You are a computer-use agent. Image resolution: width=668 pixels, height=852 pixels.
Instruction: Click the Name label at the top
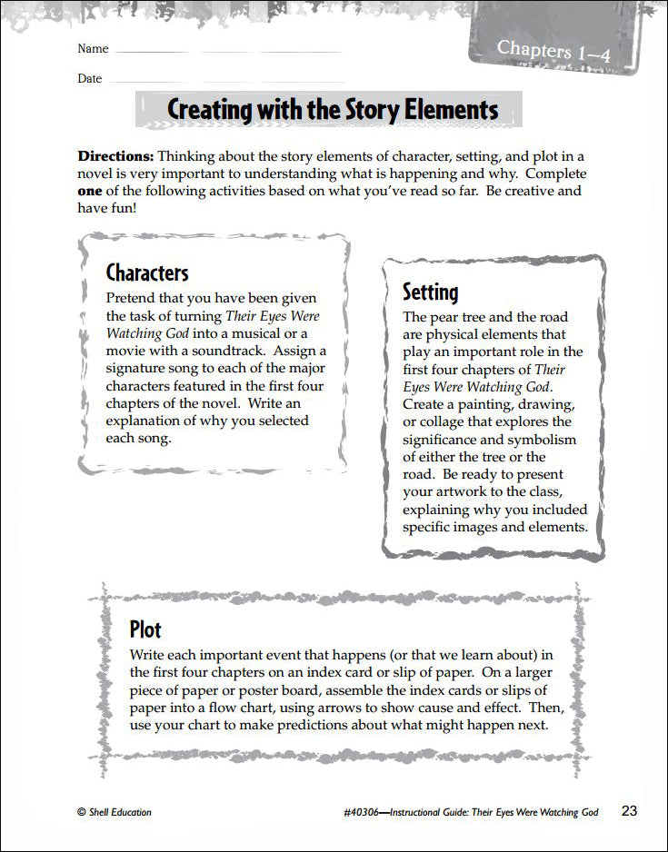click(x=93, y=49)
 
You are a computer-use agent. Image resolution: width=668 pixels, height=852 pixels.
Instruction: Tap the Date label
click(x=90, y=79)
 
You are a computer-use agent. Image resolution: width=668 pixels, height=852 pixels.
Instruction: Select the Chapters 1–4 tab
click(x=553, y=50)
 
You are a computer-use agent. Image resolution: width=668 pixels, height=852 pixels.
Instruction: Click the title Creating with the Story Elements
click(x=333, y=110)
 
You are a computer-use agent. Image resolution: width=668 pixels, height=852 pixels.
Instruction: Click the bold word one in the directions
click(x=91, y=191)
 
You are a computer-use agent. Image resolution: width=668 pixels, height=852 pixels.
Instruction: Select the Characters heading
click(x=147, y=272)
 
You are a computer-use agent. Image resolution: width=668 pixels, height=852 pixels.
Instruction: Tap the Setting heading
click(x=430, y=292)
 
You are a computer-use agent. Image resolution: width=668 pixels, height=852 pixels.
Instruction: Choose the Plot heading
click(x=145, y=629)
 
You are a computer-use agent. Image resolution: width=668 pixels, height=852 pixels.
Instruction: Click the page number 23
click(x=631, y=810)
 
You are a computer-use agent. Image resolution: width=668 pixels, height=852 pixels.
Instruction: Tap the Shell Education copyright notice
click(x=115, y=812)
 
